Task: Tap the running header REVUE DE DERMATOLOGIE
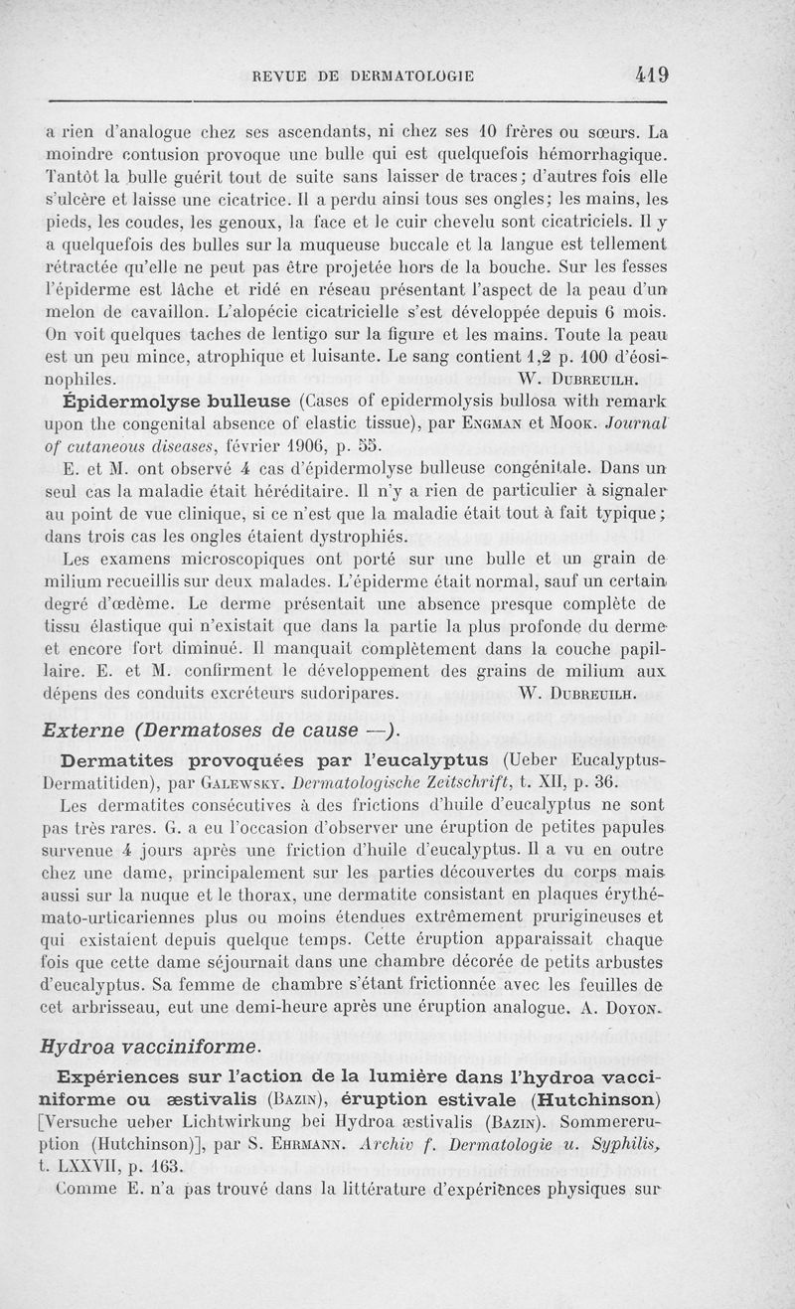[364, 76]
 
